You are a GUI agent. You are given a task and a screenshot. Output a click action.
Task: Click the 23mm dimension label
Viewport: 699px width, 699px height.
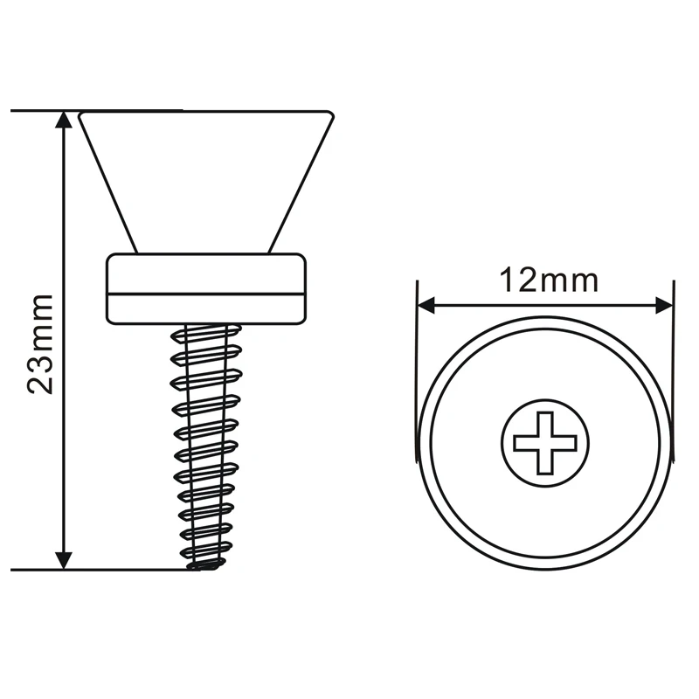(x=41, y=344)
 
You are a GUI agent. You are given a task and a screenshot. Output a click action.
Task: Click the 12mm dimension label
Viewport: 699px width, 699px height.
(x=548, y=281)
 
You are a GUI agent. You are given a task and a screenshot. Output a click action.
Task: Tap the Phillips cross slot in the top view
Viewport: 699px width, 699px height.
(x=544, y=442)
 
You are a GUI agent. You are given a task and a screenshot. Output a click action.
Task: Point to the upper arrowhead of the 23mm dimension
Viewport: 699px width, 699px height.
(x=63, y=120)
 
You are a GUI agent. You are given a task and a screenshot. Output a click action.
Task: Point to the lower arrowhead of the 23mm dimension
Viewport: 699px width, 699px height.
(x=63, y=560)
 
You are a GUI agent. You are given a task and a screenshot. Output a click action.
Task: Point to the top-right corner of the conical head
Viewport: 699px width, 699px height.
(x=330, y=114)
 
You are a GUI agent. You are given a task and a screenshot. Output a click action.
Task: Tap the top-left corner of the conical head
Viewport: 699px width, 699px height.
(x=80, y=114)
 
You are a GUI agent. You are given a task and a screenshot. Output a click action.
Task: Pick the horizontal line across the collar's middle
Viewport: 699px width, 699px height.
(x=205, y=294)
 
